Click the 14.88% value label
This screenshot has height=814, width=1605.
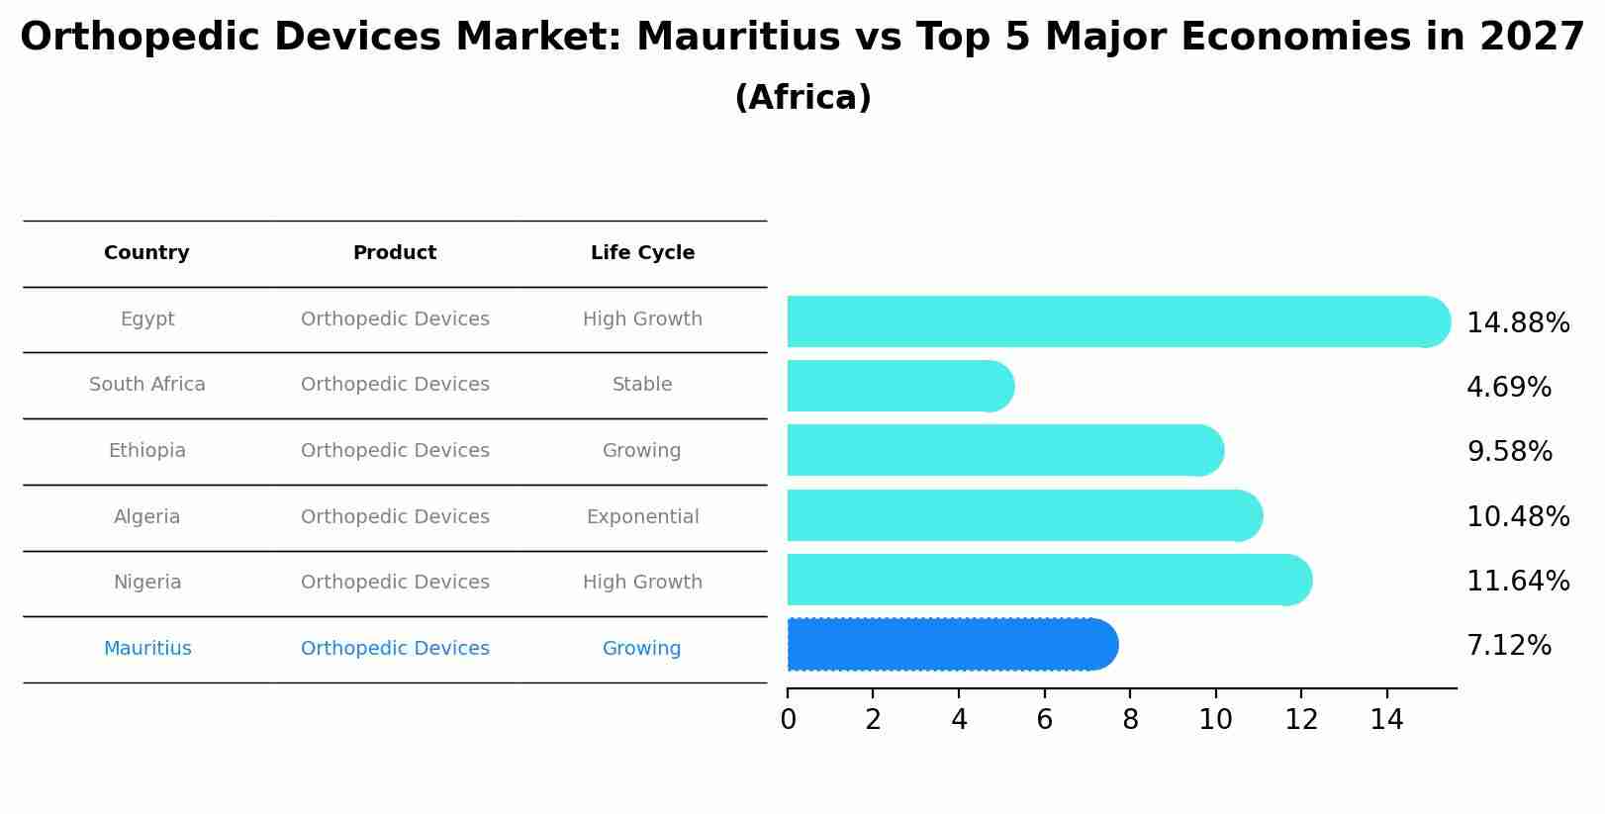(x=1517, y=323)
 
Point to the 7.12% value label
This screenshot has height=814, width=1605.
(x=1508, y=646)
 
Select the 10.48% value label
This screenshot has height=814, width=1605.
(x=1517, y=516)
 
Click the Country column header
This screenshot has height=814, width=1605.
(x=146, y=253)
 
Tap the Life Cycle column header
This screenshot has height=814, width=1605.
(x=642, y=253)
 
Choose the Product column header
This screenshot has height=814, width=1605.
(x=395, y=253)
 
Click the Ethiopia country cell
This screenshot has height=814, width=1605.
(x=146, y=451)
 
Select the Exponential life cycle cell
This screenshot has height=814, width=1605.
(x=642, y=517)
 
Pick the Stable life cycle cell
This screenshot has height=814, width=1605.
(x=642, y=385)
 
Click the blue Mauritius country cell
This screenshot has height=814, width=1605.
(x=147, y=649)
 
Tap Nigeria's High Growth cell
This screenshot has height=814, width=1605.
(x=642, y=583)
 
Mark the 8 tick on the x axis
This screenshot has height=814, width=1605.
(x=1130, y=720)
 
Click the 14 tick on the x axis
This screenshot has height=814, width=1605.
(x=1386, y=720)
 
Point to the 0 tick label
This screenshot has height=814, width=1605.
(x=788, y=720)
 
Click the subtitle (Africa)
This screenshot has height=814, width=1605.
(x=802, y=98)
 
